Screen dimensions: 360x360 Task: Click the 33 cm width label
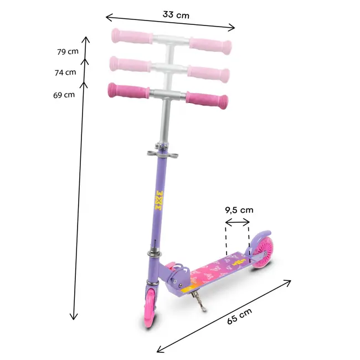coord(176,15)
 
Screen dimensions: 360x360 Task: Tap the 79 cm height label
coord(68,52)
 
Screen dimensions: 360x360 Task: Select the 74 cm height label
coord(66,72)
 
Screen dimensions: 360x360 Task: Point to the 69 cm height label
coord(64,95)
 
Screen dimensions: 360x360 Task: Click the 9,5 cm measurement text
coord(239,210)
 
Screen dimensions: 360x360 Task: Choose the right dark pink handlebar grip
coord(206,99)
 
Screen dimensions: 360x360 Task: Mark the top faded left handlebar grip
coord(131,39)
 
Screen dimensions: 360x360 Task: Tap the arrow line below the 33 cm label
coord(171,24)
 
